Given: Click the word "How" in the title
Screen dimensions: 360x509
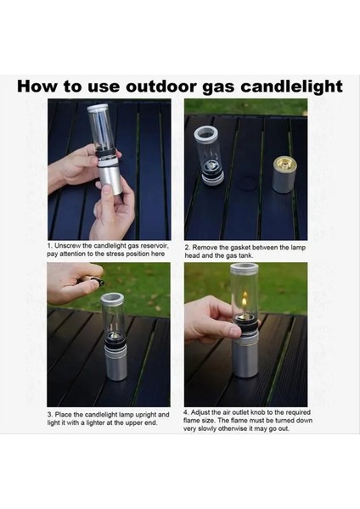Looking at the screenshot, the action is (37, 87).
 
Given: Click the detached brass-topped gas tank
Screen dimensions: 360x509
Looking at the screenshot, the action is (284, 175).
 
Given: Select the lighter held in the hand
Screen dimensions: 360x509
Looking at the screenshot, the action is (93, 281).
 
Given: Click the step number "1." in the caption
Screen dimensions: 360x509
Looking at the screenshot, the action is (50, 246).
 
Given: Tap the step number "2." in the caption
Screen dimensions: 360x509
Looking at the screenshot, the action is (188, 248).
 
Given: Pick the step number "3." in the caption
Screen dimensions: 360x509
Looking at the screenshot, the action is (50, 415).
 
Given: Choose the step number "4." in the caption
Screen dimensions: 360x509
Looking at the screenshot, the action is (186, 412).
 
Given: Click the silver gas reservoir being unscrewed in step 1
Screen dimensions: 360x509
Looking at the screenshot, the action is (110, 179).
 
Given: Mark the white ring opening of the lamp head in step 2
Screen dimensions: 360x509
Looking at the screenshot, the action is (208, 135).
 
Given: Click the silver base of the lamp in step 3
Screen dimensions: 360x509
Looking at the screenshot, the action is (116, 362).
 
